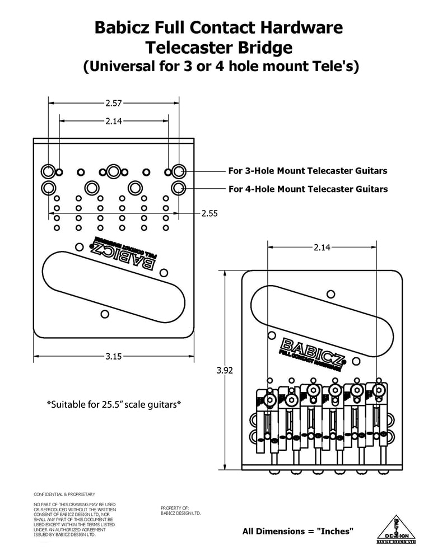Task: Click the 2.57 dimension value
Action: point(114,102)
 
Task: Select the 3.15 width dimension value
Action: point(114,356)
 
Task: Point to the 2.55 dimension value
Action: point(209,213)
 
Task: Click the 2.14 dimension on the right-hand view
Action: point(322,247)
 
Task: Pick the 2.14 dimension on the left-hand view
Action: point(114,120)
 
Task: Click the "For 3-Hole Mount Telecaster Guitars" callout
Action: point(308,170)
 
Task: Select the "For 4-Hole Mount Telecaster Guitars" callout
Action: point(308,189)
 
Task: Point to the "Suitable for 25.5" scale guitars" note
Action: point(114,404)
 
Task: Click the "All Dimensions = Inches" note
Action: point(297,531)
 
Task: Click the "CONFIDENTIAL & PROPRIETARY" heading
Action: point(64,494)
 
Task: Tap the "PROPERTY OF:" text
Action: point(175,507)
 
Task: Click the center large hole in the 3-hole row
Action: point(114,171)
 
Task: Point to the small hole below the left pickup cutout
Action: point(104,313)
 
